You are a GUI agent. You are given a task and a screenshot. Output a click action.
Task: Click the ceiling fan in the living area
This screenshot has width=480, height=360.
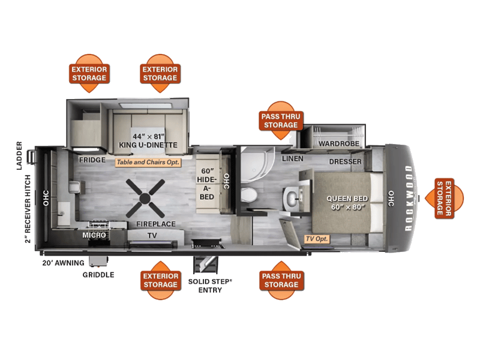point(145,199)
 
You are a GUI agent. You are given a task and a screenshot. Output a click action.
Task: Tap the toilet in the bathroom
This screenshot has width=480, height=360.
point(249,195)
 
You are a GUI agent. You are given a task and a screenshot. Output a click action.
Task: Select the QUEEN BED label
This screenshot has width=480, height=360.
point(347,199)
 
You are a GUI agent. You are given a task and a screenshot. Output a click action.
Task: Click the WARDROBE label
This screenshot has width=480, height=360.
point(339,143)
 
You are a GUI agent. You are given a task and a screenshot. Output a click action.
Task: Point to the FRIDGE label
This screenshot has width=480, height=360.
point(92,160)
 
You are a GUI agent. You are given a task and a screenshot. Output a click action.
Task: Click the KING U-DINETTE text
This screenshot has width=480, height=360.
point(148,145)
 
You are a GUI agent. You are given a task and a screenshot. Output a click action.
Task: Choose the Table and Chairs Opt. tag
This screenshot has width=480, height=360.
point(148,162)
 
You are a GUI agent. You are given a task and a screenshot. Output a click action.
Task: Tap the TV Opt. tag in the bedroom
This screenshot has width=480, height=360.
point(317,239)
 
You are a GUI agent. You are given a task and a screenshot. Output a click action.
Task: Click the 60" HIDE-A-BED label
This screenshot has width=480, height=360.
point(207,184)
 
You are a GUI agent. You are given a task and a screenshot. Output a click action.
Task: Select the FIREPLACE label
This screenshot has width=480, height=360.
point(156,224)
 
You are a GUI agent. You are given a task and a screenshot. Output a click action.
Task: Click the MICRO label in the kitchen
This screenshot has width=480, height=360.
point(94,235)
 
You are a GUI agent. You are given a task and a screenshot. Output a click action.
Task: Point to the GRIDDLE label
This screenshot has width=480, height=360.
point(98,275)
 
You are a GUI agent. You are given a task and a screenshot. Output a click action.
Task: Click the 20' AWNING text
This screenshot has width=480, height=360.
point(63,263)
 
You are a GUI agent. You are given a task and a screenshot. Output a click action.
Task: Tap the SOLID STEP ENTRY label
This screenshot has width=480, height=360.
point(210,286)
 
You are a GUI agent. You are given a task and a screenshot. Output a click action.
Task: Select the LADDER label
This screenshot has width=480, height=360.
point(19,156)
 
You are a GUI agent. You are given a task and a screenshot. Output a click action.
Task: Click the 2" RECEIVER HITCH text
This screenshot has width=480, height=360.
point(28,209)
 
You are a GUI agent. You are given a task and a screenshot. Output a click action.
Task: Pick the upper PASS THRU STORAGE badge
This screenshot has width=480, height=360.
point(281,121)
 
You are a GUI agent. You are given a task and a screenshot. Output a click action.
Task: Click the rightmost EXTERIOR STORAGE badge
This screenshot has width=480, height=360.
point(444,199)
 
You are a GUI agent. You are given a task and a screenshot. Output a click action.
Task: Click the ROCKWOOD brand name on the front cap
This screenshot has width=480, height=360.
point(409,199)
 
